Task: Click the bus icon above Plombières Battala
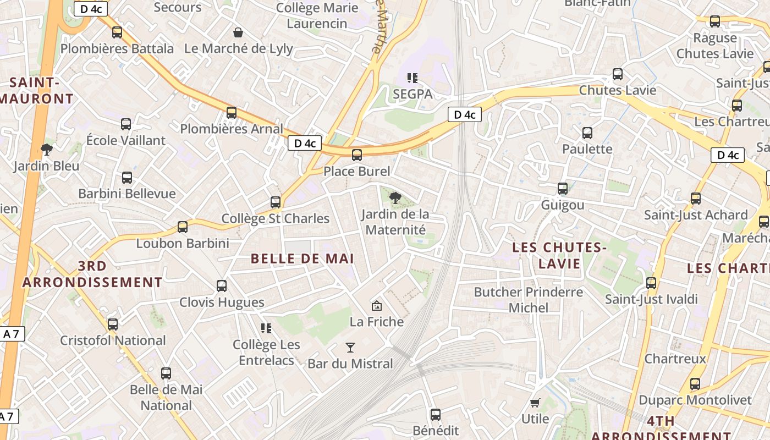click(117, 32)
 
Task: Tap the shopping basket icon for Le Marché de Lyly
click(238, 32)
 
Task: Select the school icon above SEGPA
click(413, 78)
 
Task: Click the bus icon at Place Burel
click(357, 155)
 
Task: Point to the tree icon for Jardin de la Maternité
click(395, 198)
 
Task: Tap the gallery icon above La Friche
click(377, 306)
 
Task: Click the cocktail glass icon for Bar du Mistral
click(350, 348)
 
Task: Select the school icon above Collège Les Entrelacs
click(266, 328)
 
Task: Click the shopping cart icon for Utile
click(535, 403)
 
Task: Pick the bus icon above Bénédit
click(436, 414)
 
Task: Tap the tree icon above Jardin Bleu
click(47, 150)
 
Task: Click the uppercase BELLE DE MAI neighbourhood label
click(301, 258)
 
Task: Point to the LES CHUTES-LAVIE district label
click(559, 256)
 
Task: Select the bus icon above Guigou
click(562, 189)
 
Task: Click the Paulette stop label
click(587, 149)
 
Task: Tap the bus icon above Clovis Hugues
click(222, 286)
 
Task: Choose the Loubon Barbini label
click(182, 243)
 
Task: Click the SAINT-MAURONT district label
click(37, 91)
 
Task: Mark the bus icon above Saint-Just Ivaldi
click(651, 283)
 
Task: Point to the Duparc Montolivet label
click(695, 400)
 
